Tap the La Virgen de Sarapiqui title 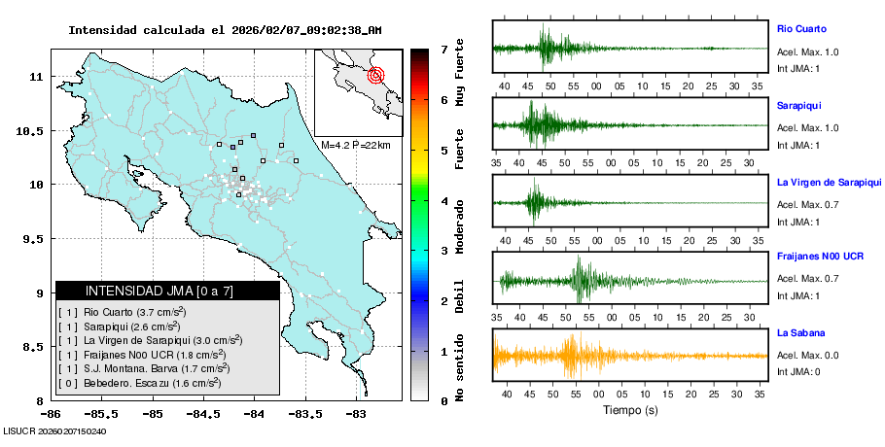point(828,182)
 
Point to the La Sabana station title point(797,333)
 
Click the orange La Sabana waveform point(574,356)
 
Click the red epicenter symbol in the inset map point(376,75)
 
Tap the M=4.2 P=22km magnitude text point(355,145)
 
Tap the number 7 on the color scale point(443,49)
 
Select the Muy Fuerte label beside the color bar point(460,69)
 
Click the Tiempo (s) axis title point(630,411)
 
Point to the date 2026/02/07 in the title point(266,30)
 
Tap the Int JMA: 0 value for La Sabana point(798,372)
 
